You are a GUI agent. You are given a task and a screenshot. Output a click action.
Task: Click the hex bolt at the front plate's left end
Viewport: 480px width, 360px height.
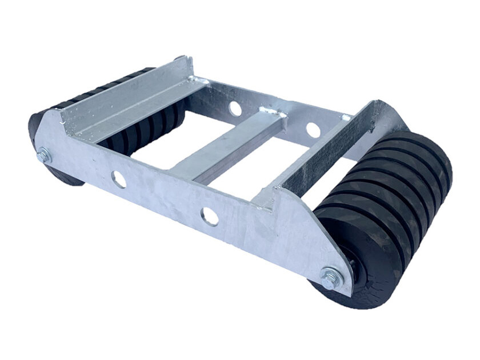point(43,155)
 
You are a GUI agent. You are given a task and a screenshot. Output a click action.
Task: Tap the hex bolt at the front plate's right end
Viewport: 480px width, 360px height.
point(331,278)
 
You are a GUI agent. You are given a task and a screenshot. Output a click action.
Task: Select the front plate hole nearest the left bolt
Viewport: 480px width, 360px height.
point(119,179)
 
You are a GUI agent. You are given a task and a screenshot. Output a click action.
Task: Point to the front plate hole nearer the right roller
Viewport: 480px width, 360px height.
point(210,216)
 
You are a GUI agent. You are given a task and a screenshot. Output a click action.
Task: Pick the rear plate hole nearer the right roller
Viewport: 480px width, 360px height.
point(313,130)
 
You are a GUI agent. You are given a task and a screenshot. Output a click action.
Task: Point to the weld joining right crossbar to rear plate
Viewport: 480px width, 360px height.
point(346,118)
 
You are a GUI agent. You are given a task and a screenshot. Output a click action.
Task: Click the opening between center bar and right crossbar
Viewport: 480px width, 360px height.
point(269,166)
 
